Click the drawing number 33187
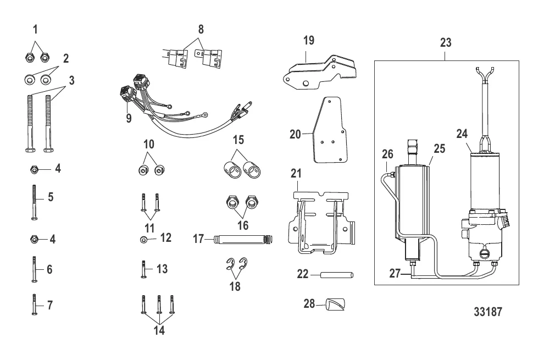(x=488, y=311)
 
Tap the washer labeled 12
(x=143, y=239)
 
